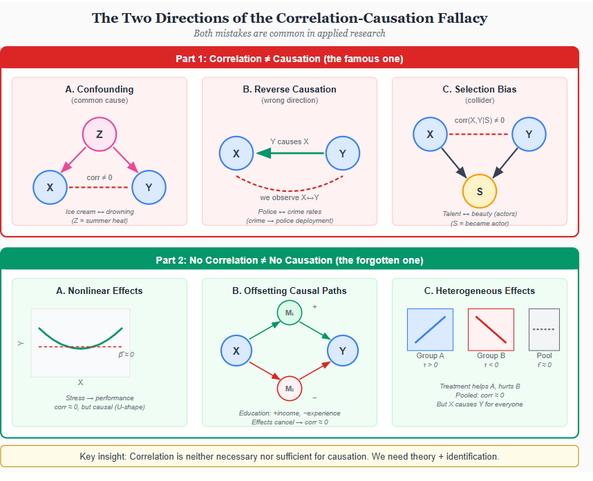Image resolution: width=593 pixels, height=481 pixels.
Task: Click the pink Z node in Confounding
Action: (100, 135)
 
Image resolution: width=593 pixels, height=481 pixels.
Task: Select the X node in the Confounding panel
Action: (50, 187)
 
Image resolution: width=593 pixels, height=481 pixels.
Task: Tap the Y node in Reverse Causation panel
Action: (342, 153)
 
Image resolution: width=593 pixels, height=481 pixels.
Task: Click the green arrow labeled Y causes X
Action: (289, 153)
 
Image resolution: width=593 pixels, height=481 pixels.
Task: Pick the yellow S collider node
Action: (479, 191)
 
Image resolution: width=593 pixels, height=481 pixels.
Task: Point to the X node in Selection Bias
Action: (431, 135)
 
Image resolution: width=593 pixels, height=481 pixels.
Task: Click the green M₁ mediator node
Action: (290, 314)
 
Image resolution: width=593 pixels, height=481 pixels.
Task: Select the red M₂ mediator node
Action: (290, 389)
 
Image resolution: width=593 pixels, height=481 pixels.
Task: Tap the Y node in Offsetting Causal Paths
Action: (342, 351)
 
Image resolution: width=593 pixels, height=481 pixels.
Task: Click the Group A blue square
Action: (430, 329)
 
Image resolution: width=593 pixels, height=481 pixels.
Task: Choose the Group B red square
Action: (491, 329)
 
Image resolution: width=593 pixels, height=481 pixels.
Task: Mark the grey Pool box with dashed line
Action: (544, 329)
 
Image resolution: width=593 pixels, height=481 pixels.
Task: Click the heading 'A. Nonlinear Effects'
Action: (100, 291)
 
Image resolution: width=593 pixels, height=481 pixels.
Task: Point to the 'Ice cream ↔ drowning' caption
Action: (100, 211)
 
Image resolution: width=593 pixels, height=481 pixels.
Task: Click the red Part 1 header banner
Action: (290, 59)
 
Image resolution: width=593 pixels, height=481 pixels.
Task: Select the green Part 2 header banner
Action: (290, 260)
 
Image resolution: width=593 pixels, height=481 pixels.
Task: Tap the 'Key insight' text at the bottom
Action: (290, 457)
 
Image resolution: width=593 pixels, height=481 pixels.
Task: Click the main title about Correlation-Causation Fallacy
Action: (290, 17)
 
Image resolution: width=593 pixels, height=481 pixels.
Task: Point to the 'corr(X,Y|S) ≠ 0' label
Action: (479, 120)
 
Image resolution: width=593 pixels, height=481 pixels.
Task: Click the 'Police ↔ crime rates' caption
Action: (290, 211)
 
